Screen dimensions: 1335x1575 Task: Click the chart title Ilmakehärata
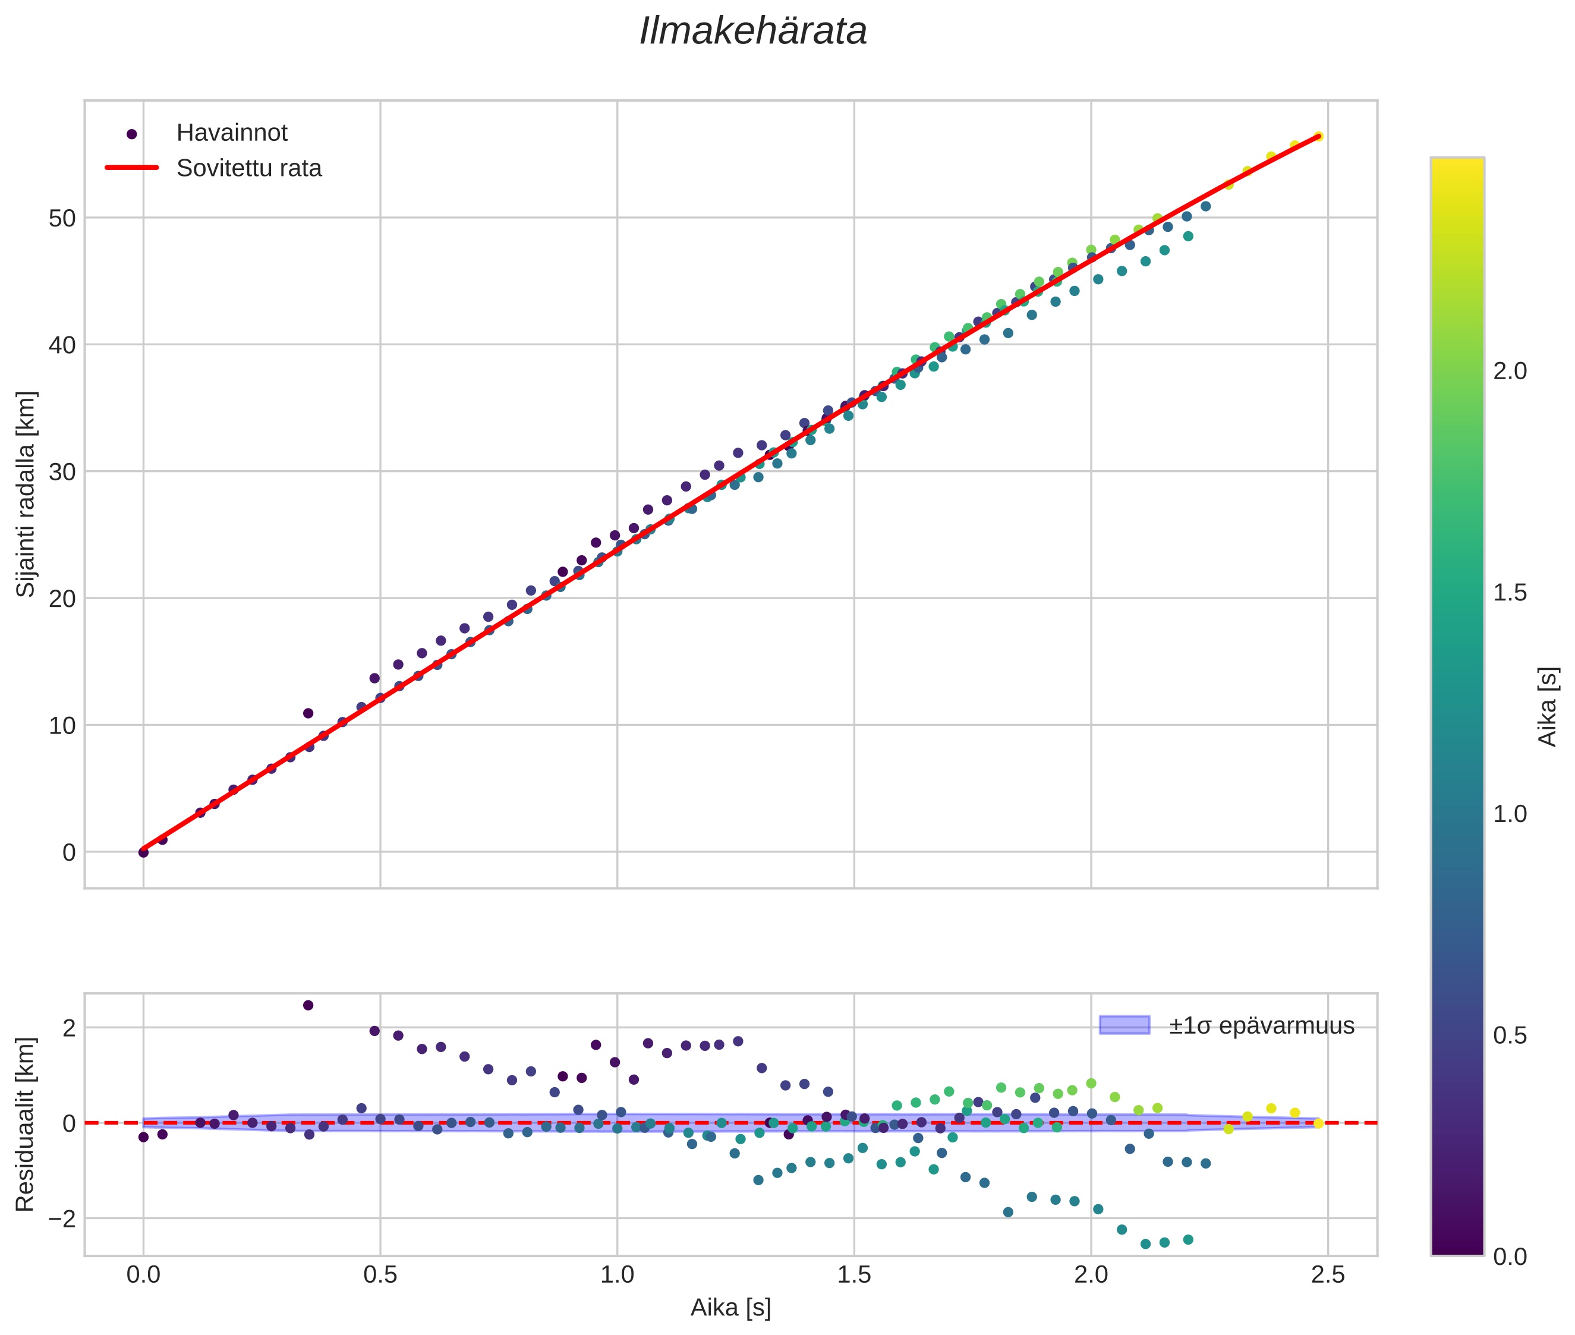752,32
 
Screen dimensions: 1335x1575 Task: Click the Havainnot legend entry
232,133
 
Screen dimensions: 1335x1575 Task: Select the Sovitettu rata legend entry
249,168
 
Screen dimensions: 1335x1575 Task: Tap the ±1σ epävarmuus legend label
1261,1025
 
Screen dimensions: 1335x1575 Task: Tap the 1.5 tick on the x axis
853,1275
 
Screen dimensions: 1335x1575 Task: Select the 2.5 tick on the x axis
1328,1275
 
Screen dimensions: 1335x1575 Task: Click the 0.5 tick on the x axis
380,1275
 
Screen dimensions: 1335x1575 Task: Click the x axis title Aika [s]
730,1308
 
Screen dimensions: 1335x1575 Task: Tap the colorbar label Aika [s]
1548,707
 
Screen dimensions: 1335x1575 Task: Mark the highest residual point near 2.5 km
308,1005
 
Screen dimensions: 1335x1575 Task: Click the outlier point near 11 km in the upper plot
308,713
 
